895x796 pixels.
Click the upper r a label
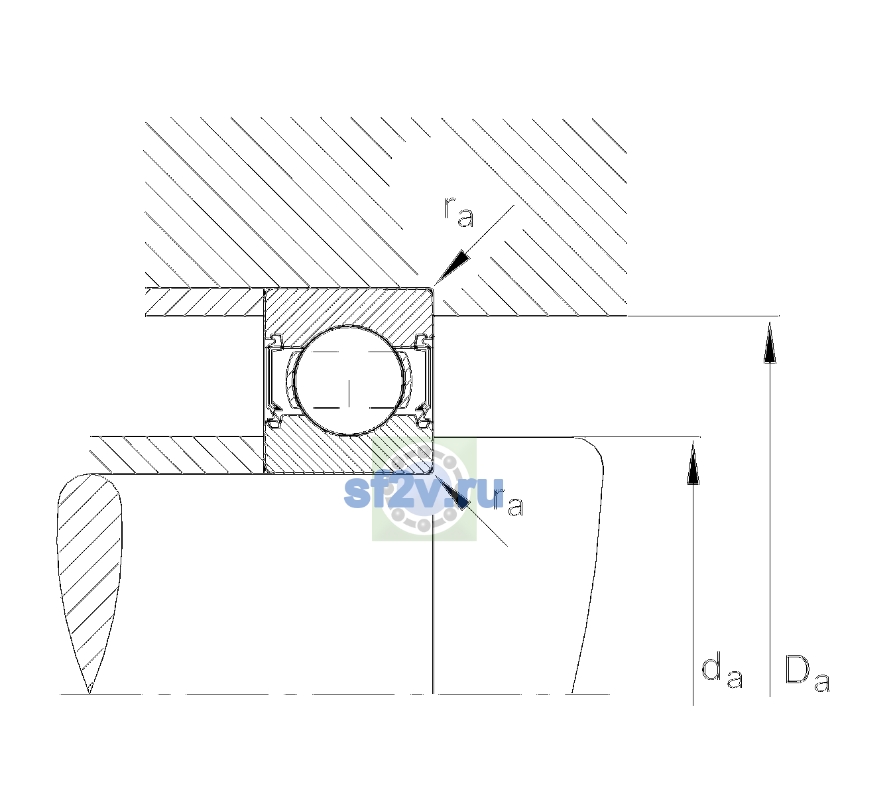coord(458,212)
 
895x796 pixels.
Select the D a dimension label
coord(807,673)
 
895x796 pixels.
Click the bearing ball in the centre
coord(349,381)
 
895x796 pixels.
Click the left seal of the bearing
coord(273,381)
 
